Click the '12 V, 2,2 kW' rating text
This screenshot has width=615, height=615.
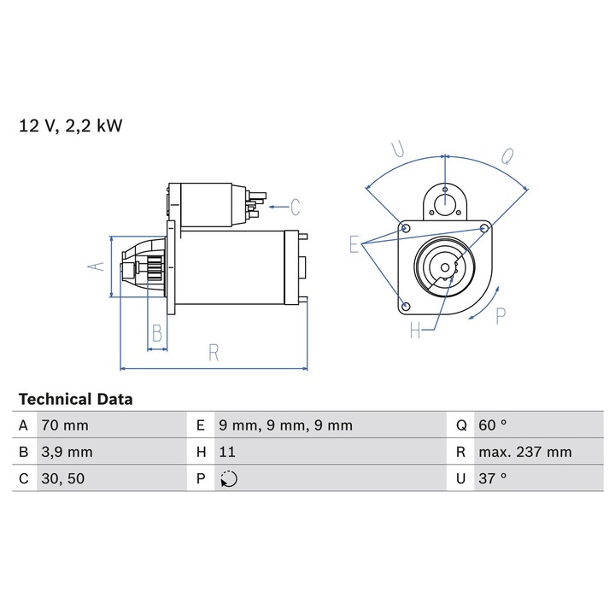[71, 126]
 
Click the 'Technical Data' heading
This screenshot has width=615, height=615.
[76, 399]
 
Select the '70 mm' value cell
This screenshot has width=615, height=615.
[64, 425]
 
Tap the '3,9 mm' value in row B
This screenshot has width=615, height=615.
[66, 452]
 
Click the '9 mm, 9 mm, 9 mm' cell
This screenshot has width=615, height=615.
[285, 425]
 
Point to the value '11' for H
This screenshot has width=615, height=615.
[227, 452]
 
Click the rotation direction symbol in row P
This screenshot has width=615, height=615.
[228, 479]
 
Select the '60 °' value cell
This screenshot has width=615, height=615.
[493, 425]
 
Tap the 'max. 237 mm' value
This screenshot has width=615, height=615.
[524, 452]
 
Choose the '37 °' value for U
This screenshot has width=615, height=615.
[493, 478]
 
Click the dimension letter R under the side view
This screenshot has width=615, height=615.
[214, 353]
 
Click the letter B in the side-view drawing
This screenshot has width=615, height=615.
[156, 333]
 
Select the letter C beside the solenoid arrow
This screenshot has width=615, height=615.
[295, 207]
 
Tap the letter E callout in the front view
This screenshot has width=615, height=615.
[354, 245]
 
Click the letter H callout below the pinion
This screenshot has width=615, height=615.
[415, 331]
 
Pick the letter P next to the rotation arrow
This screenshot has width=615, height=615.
[501, 315]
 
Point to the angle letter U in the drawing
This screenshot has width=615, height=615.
[397, 149]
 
